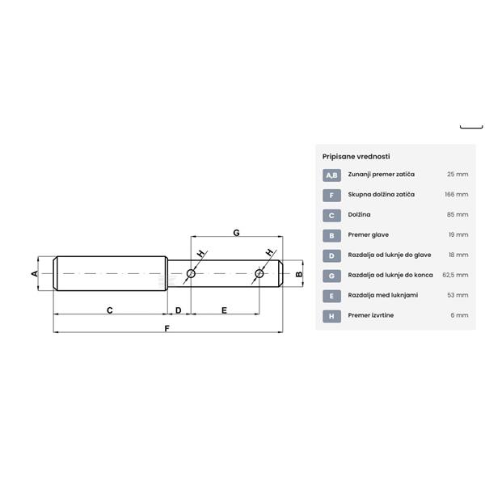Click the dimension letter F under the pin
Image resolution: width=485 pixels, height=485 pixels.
(167, 328)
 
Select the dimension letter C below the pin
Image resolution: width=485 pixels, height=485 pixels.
(109, 310)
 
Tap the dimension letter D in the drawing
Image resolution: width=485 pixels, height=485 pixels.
(178, 310)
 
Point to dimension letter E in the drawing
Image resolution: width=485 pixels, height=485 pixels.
(224, 310)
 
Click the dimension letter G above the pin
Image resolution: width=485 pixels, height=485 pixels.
(236, 233)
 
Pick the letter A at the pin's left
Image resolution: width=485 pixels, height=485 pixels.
(35, 274)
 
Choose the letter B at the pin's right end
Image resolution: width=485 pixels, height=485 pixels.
(298, 274)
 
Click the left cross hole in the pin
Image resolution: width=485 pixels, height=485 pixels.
(191, 274)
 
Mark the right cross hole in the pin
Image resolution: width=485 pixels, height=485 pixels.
(259, 274)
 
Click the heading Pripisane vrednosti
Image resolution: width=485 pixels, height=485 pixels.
(356, 156)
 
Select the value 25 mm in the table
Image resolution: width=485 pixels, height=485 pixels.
(458, 175)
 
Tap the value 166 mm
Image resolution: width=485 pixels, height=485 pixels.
(456, 195)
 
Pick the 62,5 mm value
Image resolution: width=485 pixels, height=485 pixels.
(455, 275)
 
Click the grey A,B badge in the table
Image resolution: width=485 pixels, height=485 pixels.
(331, 175)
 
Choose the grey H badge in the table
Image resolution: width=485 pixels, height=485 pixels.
(331, 316)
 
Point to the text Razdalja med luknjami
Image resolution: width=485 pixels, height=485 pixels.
(383, 295)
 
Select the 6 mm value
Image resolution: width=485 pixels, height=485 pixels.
(459, 315)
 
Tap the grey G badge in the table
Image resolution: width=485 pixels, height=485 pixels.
(331, 276)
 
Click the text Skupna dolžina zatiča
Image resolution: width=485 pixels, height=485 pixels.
(382, 195)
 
